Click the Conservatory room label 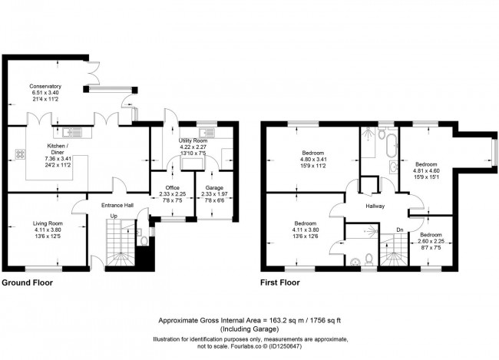tap(45, 86)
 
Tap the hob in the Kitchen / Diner tap(18, 154)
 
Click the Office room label tap(172, 187)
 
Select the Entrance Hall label tap(120, 205)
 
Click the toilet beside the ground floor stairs tap(143, 239)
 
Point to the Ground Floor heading tap(28, 282)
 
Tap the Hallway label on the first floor tap(375, 206)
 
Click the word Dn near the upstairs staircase tap(399, 230)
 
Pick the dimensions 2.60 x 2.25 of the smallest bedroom tap(430, 242)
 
